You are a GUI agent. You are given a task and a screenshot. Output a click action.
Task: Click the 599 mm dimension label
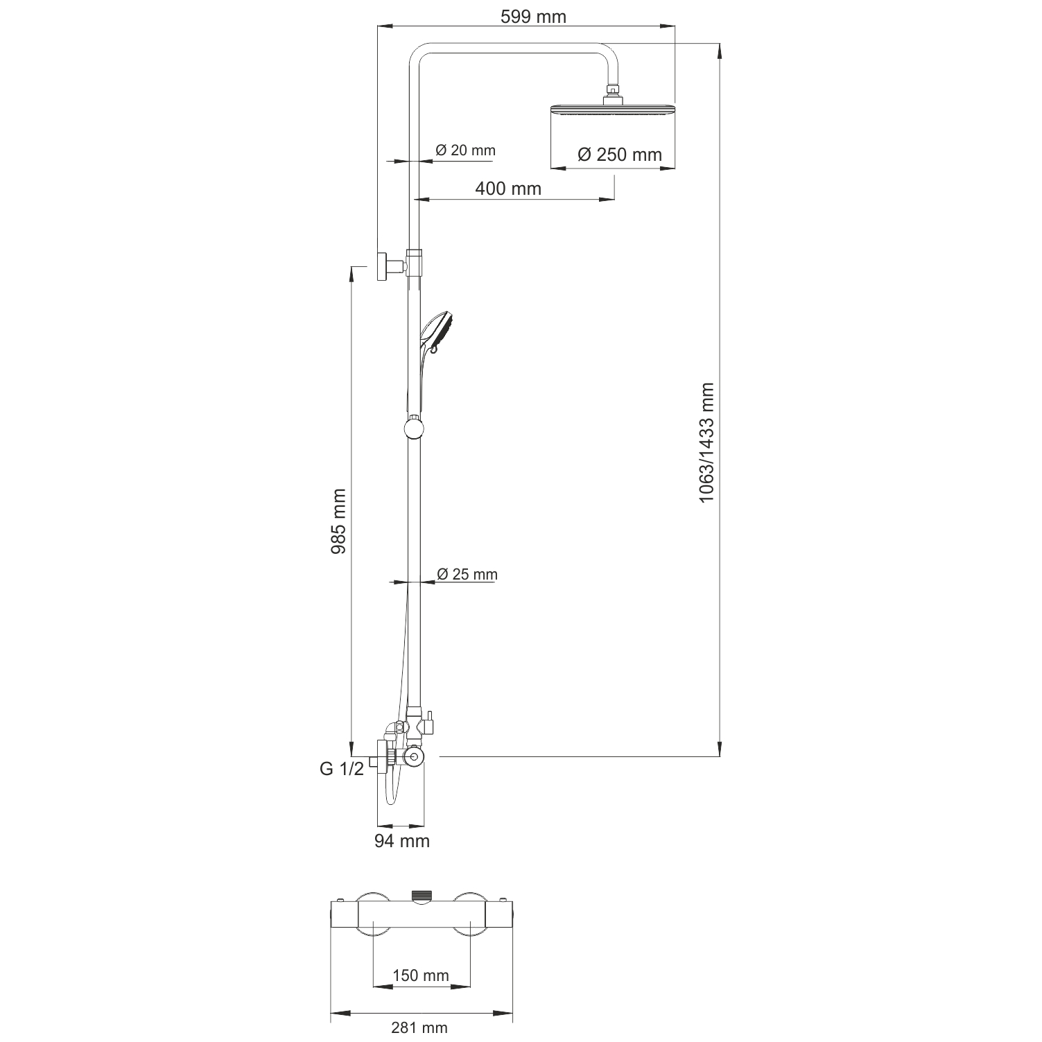pos(533,17)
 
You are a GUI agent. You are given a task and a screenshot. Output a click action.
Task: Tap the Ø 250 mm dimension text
pos(620,154)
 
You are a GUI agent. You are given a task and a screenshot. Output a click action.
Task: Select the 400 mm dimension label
pos(508,188)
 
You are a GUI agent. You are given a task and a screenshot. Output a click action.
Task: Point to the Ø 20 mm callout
pos(465,150)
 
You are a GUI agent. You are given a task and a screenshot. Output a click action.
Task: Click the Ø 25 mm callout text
pos(467,574)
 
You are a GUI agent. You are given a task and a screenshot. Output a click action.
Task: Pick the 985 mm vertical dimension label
pos(338,521)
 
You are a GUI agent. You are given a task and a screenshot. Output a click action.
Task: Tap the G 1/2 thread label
pos(342,769)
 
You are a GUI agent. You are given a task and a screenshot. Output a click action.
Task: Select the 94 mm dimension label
pos(402,841)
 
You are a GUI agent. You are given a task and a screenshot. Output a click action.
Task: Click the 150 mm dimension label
pos(421,975)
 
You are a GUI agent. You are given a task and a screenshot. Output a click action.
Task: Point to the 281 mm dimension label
pos(419,1028)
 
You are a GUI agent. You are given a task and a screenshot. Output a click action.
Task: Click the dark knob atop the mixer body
pos(421,895)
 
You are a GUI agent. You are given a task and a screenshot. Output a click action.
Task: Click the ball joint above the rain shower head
pos(611,90)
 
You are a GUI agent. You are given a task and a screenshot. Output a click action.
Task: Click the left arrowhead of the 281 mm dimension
pos(337,1013)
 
